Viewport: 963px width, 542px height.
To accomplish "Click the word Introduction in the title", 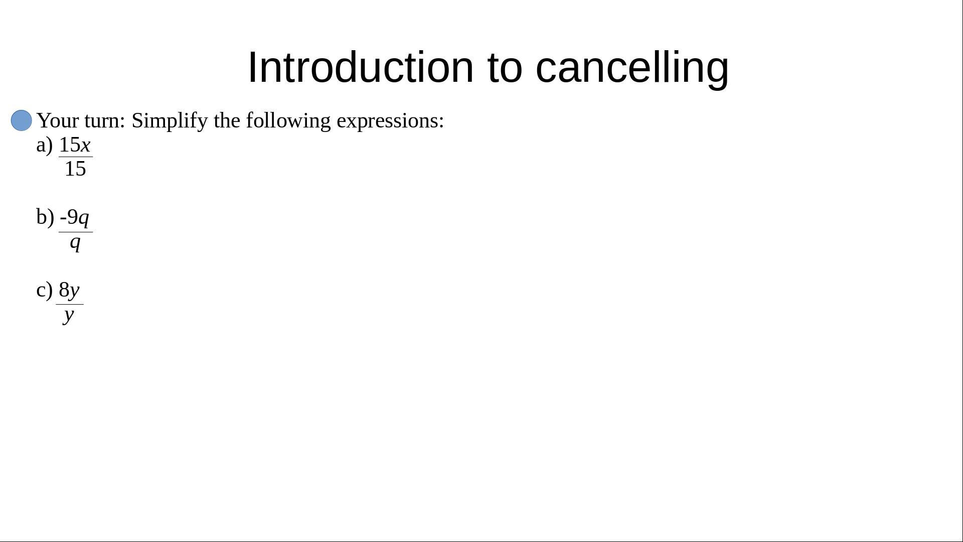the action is point(361,67).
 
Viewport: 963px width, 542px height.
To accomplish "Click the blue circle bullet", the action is point(22,120).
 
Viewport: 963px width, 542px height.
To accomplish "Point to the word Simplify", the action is point(170,121).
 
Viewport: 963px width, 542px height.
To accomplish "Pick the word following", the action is point(288,121).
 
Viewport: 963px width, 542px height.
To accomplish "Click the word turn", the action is point(105,121).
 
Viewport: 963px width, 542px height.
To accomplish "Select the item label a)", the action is point(45,145).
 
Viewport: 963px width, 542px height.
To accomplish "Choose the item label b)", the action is point(45,217).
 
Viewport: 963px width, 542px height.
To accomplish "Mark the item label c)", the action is point(45,290).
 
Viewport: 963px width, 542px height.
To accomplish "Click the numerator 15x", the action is point(75,145).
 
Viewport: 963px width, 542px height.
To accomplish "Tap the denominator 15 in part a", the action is point(75,169).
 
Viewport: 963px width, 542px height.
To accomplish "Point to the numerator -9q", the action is point(75,218).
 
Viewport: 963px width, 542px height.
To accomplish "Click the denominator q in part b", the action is point(75,243).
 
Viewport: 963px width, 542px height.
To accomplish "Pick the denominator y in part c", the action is point(69,316).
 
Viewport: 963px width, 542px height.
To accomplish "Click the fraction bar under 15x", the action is point(76,157).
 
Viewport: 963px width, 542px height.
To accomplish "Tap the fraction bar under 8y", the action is point(70,305).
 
